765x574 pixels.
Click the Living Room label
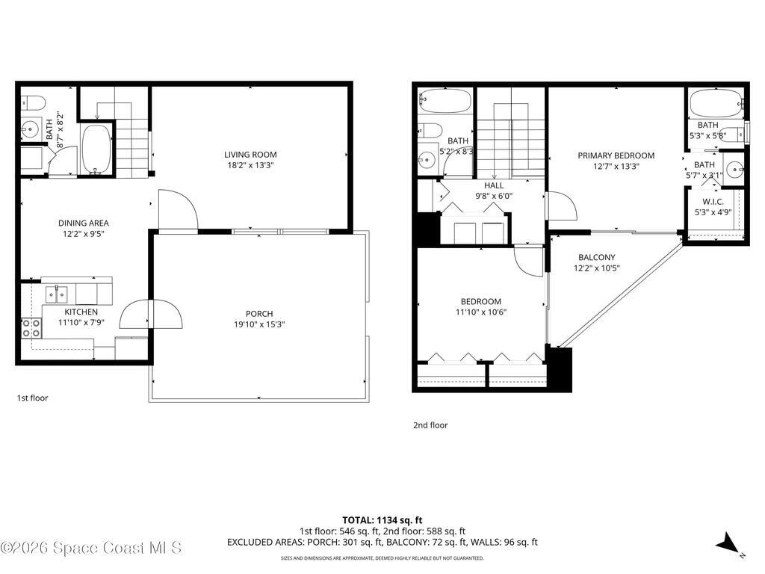[250, 155]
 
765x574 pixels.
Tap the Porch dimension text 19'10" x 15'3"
[258, 324]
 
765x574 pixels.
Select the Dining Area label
[84, 223]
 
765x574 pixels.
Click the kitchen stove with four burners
[31, 327]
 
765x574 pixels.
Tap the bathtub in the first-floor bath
[96, 148]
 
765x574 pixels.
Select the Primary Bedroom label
[616, 155]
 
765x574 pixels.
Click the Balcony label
[596, 257]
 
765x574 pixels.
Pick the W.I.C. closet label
[713, 202]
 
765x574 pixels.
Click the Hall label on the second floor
[494, 185]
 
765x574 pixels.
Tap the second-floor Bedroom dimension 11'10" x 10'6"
[482, 312]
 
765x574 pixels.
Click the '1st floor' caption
[32, 398]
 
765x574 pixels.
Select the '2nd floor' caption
[430, 425]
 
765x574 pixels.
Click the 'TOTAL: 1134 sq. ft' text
[382, 519]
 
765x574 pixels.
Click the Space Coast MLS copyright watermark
[90, 548]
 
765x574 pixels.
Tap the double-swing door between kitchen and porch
[152, 315]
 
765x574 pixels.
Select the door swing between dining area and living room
[177, 210]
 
